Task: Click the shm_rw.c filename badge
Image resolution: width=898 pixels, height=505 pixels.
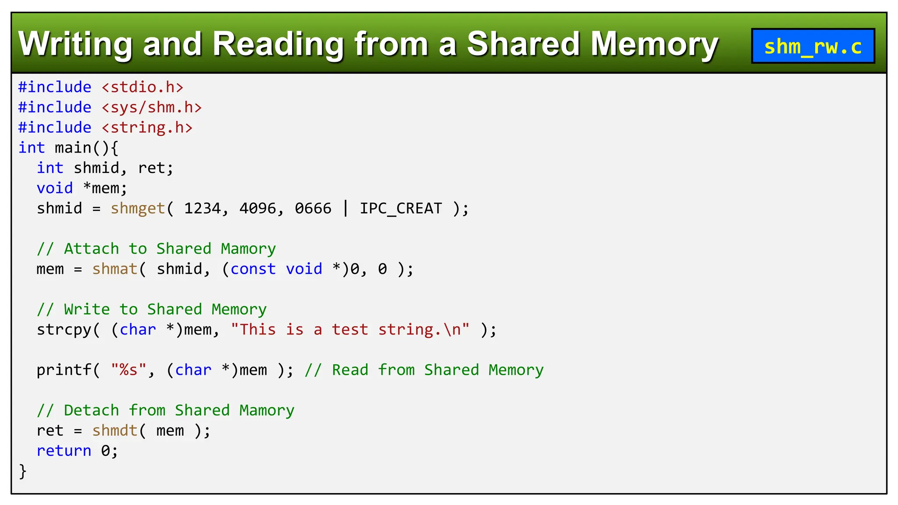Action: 813,46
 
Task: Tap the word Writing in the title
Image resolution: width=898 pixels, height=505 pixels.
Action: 75,44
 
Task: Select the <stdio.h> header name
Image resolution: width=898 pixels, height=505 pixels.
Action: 143,87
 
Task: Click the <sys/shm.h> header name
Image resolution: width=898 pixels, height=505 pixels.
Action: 152,107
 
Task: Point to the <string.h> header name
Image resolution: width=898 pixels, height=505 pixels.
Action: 147,128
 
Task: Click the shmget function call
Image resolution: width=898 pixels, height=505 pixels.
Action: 138,208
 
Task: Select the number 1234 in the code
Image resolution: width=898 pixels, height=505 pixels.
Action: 202,208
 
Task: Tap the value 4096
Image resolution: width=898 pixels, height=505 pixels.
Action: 257,208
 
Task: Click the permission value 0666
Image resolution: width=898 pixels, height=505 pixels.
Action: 313,208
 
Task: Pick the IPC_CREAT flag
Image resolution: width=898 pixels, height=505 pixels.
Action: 401,208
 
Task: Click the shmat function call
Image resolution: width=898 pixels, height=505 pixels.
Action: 115,269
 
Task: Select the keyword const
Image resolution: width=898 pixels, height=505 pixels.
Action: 253,269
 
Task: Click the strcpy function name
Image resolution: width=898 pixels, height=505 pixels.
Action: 64,330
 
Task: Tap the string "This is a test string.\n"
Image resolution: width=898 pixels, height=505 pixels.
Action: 350,330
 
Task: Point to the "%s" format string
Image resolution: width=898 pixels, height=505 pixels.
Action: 128,370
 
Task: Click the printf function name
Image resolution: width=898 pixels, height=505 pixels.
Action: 64,370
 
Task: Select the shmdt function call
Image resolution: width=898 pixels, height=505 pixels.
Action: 115,430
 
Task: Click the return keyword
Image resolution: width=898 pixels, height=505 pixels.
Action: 64,451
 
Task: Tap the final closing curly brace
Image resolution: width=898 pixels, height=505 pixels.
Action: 23,471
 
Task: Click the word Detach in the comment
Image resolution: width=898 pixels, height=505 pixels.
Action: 91,410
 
